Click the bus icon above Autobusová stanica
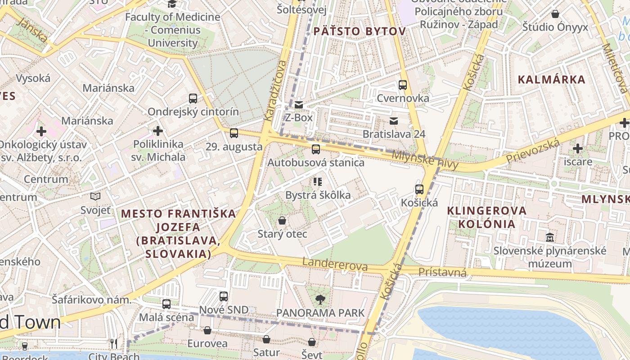tap(316, 149)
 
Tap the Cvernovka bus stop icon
tap(403, 85)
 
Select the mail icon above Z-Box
tap(299, 105)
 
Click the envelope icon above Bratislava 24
tap(394, 121)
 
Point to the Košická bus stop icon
tap(419, 189)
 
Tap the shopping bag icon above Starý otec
tap(282, 220)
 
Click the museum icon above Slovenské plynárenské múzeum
tap(550, 237)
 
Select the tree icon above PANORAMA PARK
tap(320, 299)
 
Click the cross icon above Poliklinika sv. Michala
tap(157, 131)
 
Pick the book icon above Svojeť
tap(95, 196)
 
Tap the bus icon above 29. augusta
tap(234, 133)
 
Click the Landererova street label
tap(335, 265)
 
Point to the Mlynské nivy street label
tap(425, 160)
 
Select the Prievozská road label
tap(533, 152)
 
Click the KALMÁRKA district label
tap(551, 80)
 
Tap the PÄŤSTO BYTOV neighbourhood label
tap(360, 31)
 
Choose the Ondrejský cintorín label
tap(193, 112)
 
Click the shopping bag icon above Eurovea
tap(207, 331)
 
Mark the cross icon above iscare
tap(578, 148)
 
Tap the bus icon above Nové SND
tap(224, 297)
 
